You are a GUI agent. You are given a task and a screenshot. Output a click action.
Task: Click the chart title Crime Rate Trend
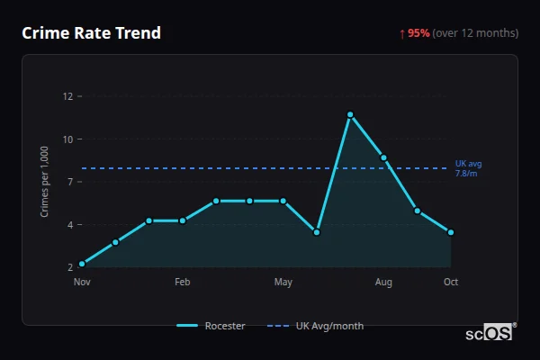point(91,33)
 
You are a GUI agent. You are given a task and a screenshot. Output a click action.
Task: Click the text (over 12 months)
point(475,33)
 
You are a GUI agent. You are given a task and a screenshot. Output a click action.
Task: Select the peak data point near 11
point(350,114)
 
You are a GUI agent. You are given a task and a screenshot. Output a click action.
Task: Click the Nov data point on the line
point(82,264)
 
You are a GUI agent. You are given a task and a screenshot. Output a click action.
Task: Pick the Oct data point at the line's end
point(451,232)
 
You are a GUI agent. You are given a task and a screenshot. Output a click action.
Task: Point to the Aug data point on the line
point(383,157)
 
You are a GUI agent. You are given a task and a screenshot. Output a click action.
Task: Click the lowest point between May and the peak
point(317,232)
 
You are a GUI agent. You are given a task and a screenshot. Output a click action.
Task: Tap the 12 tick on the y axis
point(67,95)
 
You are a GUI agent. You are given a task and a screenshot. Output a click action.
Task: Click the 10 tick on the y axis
point(67,139)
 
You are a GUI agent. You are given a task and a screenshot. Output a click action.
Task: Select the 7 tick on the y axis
point(67,181)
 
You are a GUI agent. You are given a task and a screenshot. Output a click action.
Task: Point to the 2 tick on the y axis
point(69,267)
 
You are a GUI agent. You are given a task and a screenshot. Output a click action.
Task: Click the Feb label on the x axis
point(183,283)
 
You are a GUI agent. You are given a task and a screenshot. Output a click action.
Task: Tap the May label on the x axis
point(283,283)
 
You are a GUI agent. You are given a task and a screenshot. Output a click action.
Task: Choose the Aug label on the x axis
point(383,283)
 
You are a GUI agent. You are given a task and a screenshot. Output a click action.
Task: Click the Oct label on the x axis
point(451,283)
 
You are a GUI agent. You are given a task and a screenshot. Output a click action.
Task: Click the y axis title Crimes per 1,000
point(45,182)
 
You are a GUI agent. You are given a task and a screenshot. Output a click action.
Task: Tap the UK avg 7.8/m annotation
point(468,168)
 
